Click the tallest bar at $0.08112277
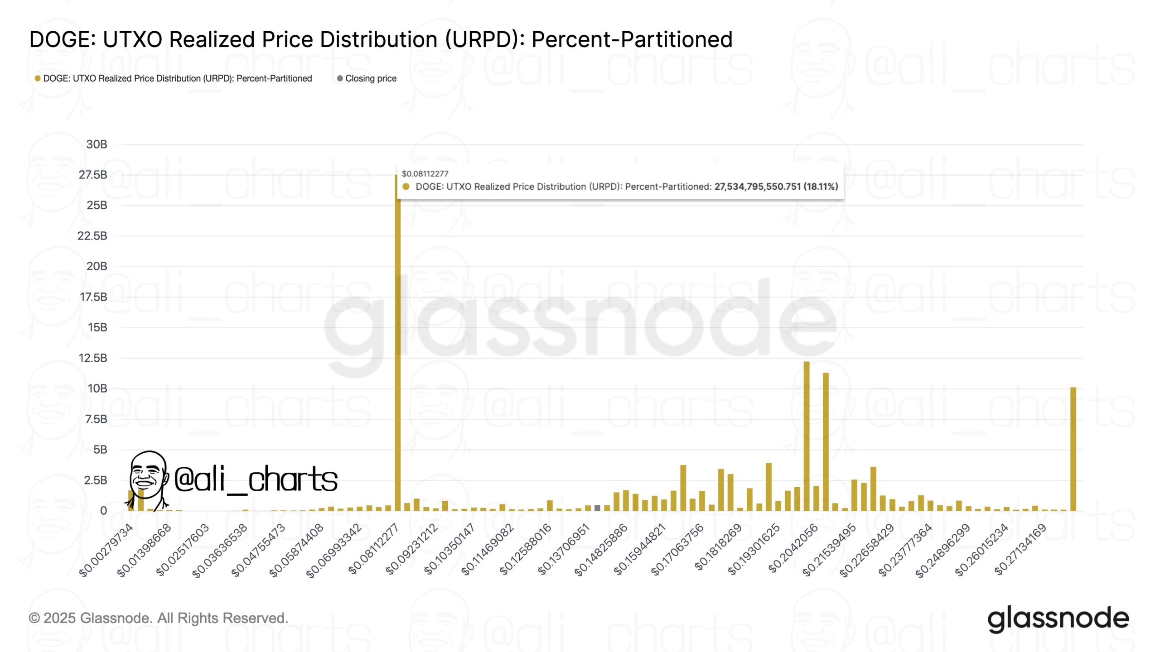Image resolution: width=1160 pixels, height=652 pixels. point(397,344)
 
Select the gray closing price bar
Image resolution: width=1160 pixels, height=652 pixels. point(597,508)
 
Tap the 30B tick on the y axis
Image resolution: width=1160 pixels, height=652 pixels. point(97,144)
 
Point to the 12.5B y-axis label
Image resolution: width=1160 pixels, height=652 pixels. point(93,358)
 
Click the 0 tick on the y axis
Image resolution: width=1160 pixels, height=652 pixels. point(103,511)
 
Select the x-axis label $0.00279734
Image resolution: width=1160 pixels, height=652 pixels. point(106,550)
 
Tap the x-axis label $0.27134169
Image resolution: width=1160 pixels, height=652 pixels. point(1020,549)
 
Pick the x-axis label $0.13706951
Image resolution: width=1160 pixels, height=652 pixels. point(563,549)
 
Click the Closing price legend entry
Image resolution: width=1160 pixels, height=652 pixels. point(370,78)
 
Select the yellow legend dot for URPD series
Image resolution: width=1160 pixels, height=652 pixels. point(38,78)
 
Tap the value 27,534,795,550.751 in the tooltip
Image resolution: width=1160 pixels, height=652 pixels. point(757,187)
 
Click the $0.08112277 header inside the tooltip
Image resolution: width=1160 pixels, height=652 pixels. point(425,174)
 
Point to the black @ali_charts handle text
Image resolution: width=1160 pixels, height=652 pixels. point(256,479)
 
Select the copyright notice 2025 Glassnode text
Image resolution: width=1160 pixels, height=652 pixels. point(159,618)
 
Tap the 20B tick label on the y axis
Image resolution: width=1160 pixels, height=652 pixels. point(97,266)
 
